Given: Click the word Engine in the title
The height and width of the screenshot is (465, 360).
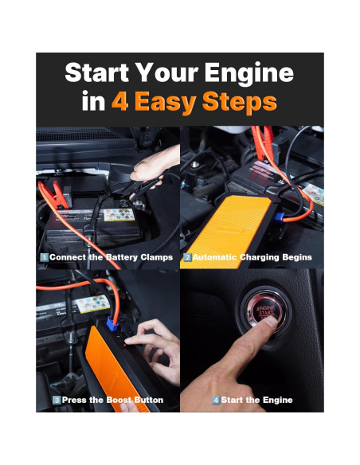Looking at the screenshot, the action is click(x=249, y=74).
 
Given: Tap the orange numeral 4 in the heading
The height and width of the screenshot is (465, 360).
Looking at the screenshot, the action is click(x=120, y=101).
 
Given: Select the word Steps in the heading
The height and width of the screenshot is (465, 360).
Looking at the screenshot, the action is click(x=239, y=103).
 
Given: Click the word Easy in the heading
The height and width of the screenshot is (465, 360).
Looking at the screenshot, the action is click(x=165, y=103).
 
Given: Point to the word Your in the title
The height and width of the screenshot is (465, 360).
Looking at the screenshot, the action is click(x=168, y=72).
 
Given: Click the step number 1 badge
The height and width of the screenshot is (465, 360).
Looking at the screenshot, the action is click(x=44, y=257).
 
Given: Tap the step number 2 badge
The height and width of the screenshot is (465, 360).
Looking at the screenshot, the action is click(x=187, y=257).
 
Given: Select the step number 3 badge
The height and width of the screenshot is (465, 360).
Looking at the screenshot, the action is click(x=57, y=400).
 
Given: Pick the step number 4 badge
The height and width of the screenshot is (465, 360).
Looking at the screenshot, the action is click(x=216, y=400).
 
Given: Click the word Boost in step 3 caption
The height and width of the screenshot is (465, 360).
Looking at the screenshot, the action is click(x=119, y=400).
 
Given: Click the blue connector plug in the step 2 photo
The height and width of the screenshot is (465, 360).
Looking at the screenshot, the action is click(x=279, y=217).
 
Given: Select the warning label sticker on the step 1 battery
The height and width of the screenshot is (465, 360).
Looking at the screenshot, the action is click(x=119, y=215).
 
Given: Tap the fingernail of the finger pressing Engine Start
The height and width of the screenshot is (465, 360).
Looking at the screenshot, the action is click(x=272, y=322).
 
